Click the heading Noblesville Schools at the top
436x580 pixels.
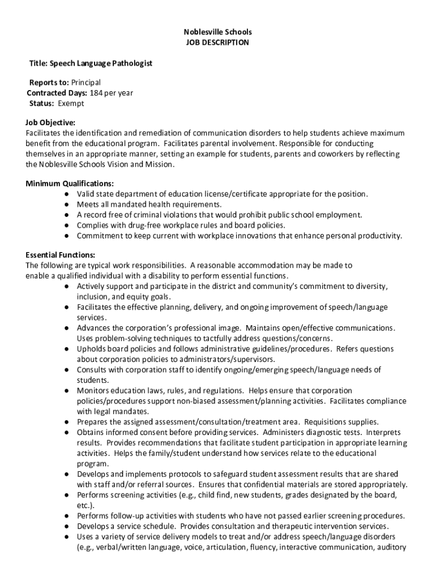tap(217, 32)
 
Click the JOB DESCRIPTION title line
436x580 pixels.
tap(217, 42)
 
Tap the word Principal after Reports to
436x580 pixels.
tap(86, 83)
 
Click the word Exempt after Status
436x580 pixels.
tap(70, 104)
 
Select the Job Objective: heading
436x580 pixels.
tap(50, 122)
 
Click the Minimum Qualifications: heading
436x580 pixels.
tap(70, 184)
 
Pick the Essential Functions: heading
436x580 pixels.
tap(60, 255)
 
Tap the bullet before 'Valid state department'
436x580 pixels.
tap(67, 194)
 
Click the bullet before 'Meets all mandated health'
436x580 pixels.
tap(67, 204)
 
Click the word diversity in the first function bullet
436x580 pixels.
tap(371, 287)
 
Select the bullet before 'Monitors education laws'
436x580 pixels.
tap(67, 391)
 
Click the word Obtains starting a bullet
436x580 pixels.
tap(91, 432)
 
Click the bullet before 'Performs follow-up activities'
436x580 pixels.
tap(67, 516)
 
